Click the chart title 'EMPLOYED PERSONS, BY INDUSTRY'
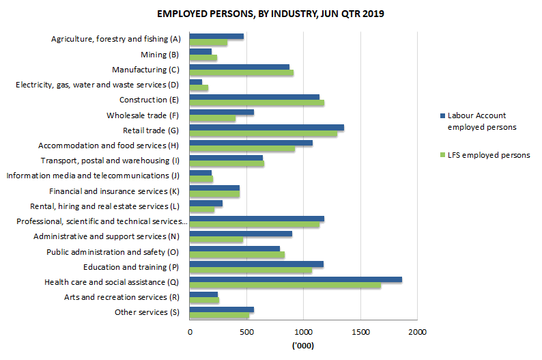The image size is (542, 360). pos(270,14)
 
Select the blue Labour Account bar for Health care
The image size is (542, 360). pos(296,279)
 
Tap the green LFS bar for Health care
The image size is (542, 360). pos(285,286)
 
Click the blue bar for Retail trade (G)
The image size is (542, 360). pos(266,127)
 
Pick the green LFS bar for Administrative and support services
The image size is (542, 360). pos(216,240)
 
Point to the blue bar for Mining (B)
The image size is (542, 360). pos(200,51)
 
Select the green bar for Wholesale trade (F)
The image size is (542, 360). pos(212,118)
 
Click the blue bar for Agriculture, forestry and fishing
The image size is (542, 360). pos(216,36)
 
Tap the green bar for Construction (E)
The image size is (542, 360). pos(257,103)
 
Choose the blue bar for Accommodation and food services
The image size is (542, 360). pos(251,143)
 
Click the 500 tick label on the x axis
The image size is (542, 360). pos(246,331)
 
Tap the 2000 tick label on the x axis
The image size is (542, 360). pos(417,331)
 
